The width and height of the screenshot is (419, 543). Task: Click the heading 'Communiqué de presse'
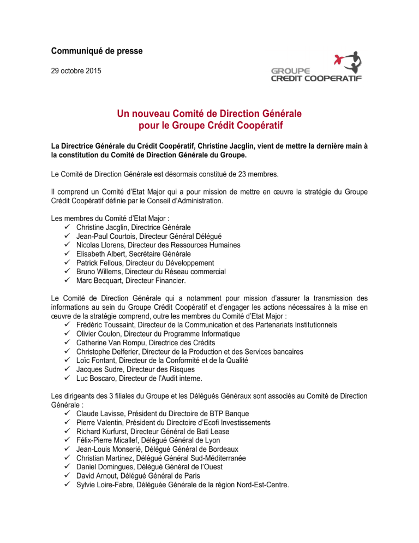tap(97, 51)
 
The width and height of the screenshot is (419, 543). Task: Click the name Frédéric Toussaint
tap(107, 324)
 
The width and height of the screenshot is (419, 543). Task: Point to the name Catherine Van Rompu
tap(117, 343)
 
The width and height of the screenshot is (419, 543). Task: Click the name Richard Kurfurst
tap(106, 432)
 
